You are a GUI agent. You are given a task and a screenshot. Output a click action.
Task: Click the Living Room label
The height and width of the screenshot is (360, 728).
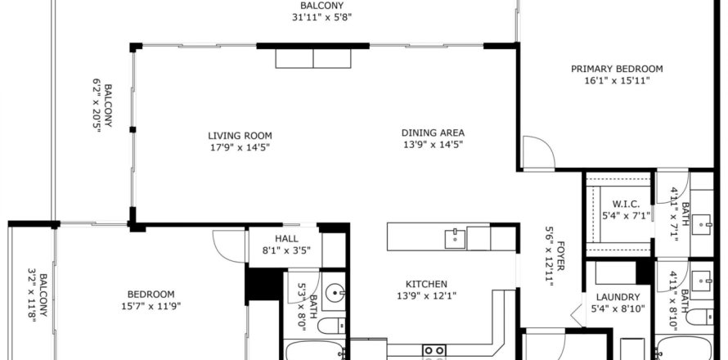[240, 136]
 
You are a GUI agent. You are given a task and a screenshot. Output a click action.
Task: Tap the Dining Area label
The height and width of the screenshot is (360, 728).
[433, 133]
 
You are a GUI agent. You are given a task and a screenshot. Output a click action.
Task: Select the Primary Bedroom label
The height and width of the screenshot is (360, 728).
[617, 69]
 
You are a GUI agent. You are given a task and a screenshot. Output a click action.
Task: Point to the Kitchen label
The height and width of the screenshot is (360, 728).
[426, 284]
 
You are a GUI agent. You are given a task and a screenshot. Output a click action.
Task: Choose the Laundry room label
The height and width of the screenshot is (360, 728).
[618, 297]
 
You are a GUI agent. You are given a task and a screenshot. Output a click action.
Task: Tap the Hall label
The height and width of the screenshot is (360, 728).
[286, 239]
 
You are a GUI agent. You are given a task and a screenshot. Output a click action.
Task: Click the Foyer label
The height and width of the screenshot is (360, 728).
[560, 255]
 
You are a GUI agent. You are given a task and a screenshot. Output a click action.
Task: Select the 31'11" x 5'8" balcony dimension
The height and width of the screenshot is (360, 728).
[321, 18]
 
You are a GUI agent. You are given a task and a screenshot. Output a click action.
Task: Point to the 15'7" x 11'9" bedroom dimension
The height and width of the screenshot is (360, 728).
[151, 306]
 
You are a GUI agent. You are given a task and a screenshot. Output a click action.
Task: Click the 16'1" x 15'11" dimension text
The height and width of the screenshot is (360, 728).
[617, 80]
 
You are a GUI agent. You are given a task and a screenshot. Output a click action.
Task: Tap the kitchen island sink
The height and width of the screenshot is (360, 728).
[455, 238]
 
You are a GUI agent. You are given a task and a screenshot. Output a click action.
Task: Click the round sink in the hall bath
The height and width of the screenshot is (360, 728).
[334, 293]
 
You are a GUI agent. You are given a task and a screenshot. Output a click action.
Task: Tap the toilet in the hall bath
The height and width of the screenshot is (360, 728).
[331, 326]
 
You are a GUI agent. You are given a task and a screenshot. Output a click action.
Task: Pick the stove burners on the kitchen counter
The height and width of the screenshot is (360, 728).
[434, 350]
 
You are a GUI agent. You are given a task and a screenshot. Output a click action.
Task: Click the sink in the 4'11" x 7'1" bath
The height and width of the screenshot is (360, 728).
[702, 224]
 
